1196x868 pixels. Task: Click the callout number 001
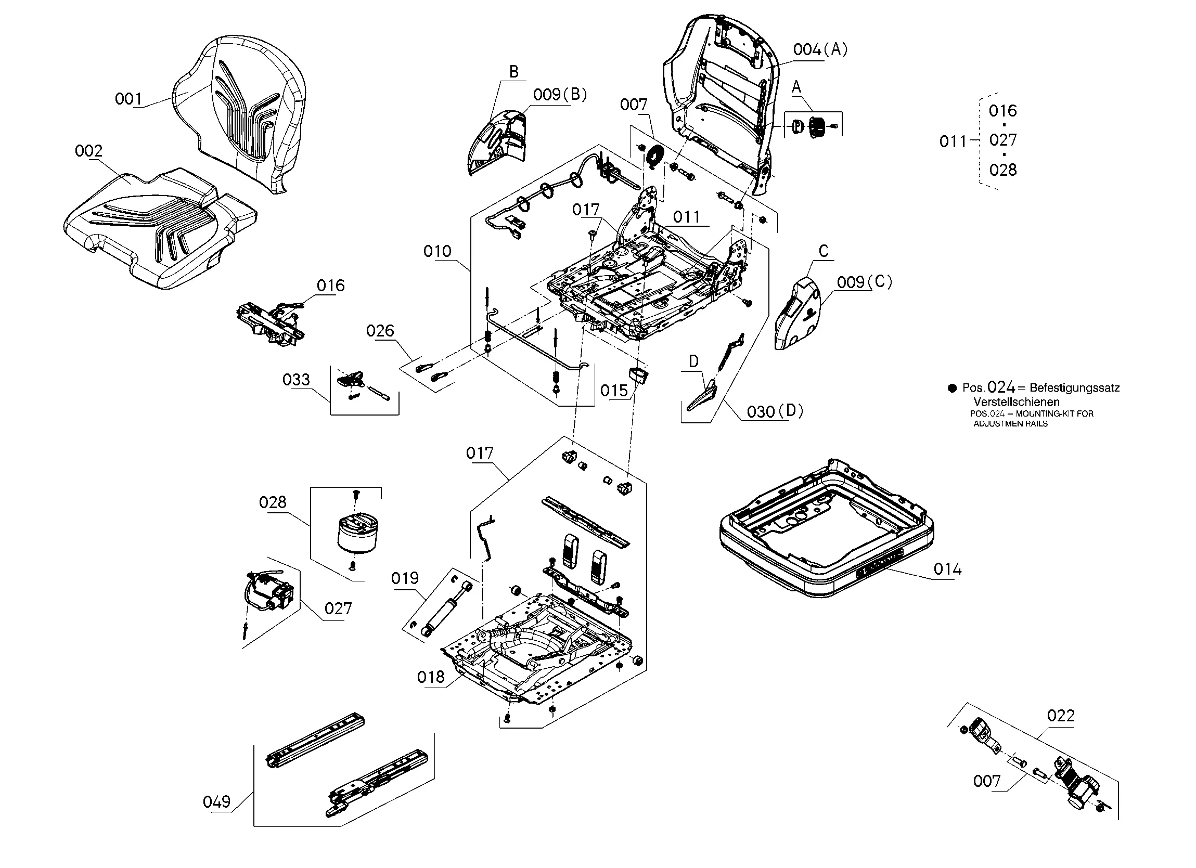coord(128,99)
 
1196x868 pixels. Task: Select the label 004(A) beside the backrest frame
coord(820,49)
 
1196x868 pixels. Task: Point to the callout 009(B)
coord(560,95)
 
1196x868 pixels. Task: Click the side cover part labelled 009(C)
coord(799,316)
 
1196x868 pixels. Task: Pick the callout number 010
coord(437,252)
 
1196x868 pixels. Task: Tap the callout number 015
coord(614,391)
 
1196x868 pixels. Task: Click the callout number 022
coord(1060,716)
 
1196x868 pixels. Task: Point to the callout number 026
coord(380,331)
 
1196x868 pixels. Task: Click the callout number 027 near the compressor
coord(338,609)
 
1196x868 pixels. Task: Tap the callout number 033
coord(296,380)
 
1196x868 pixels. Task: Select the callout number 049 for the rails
coord(217,802)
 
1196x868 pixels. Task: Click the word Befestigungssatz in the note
coord(1074,388)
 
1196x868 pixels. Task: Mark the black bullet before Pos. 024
coord(952,388)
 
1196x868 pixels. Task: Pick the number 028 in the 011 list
coord(1002,170)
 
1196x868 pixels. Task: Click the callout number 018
coord(431,677)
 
